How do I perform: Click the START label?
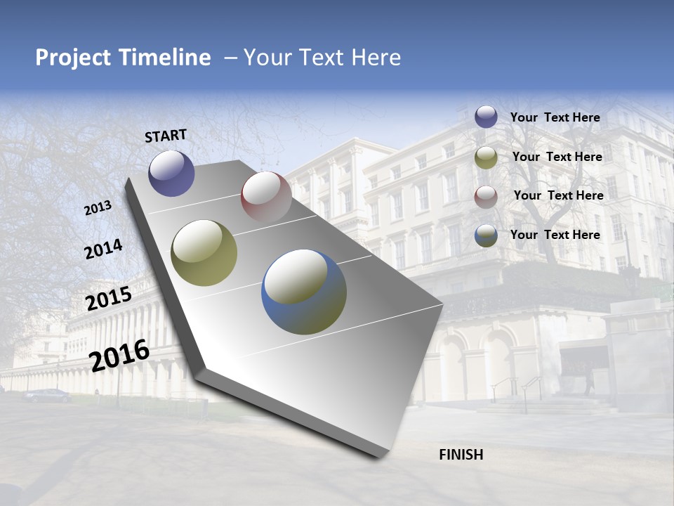(166, 136)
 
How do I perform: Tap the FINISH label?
(461, 455)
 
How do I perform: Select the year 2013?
(98, 208)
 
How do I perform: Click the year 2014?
(103, 249)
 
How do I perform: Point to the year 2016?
(119, 356)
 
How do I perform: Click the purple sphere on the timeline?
(171, 173)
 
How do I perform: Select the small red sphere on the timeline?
(266, 196)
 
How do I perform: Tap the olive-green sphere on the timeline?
(204, 253)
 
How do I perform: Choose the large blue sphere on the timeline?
(304, 291)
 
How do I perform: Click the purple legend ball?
(486, 117)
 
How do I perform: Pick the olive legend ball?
(486, 157)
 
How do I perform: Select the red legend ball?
(486, 196)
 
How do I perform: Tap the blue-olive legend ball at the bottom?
(486, 235)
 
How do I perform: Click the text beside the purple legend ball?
(555, 117)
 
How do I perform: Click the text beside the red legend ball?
(558, 195)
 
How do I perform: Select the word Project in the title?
(73, 58)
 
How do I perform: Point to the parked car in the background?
(48, 396)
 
